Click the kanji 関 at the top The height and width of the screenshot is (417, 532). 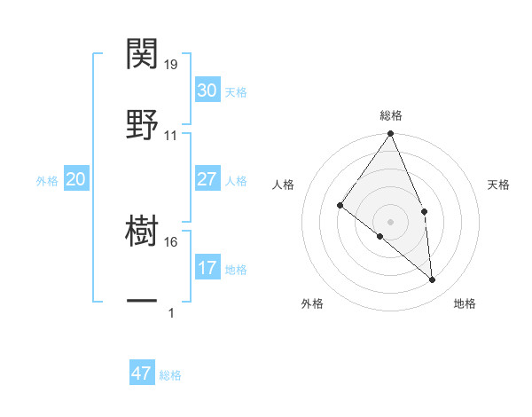(x=143, y=55)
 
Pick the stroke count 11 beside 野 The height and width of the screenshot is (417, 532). (x=171, y=135)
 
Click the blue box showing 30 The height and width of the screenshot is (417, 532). (x=207, y=90)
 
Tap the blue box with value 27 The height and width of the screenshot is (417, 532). (x=207, y=179)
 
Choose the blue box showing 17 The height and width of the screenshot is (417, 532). (x=207, y=268)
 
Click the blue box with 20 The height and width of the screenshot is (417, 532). (x=75, y=179)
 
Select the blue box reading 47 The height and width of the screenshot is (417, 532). (x=141, y=374)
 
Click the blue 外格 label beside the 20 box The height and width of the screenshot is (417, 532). (x=47, y=181)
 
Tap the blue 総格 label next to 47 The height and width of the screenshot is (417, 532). (x=171, y=375)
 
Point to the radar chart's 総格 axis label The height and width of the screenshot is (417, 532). (x=391, y=115)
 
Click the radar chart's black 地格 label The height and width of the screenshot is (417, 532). (x=465, y=303)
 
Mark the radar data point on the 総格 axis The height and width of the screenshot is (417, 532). (x=390, y=134)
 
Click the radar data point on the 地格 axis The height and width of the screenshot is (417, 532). (x=433, y=279)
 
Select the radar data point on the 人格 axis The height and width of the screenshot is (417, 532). (x=340, y=206)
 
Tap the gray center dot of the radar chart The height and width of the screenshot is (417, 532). (x=390, y=221)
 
